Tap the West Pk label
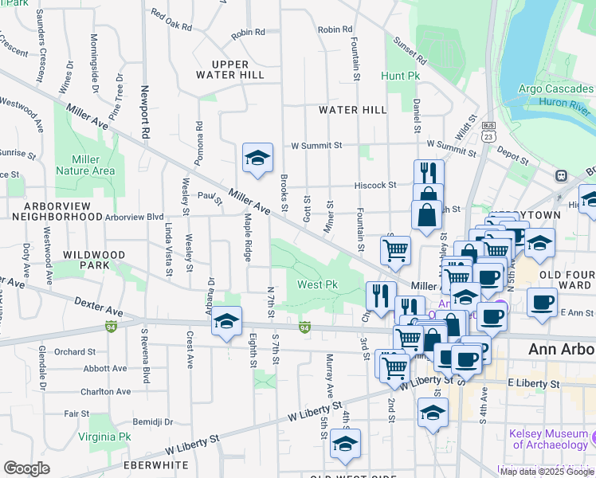point(317,284)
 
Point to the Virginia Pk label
point(104,437)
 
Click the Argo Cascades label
point(555,88)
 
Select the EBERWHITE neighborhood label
point(155,464)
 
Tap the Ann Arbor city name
point(561,349)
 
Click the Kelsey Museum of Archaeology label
point(549,439)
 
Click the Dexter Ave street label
point(99,306)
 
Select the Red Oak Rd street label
point(171,21)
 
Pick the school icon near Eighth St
point(227,323)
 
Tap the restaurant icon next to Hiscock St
point(428,173)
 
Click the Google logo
point(27,468)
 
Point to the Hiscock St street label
point(375,185)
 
